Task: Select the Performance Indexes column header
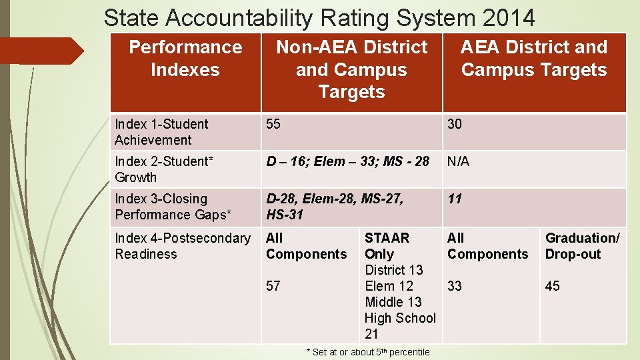point(185,59)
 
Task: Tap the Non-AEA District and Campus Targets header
point(351,69)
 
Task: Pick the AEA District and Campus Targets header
point(534,59)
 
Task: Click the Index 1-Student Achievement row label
point(161,132)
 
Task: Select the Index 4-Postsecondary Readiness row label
point(183,246)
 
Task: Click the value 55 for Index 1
point(273,124)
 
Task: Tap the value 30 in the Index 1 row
point(455,124)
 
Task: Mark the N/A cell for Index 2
point(458,161)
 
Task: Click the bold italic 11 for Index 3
point(455,199)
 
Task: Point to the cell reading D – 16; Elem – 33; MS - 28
point(347,161)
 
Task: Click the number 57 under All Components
point(273,286)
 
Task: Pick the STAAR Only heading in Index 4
point(387,246)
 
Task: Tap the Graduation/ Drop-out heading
point(582,246)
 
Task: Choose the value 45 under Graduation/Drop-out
point(553,286)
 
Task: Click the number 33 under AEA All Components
point(455,286)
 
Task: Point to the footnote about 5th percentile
point(368,352)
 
